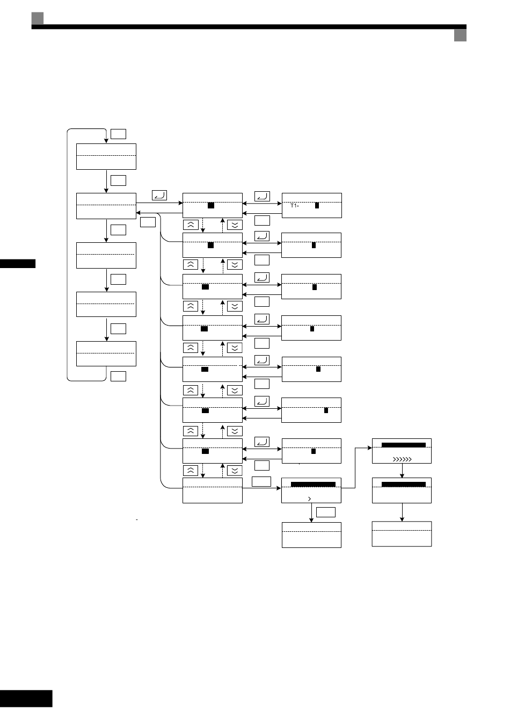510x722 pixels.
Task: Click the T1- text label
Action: (x=295, y=205)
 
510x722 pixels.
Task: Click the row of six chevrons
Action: (x=402, y=459)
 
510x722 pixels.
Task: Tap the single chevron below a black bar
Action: (x=310, y=499)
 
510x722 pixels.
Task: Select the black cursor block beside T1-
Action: (x=317, y=205)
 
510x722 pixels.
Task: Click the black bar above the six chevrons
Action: (x=403, y=445)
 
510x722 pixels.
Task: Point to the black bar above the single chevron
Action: (x=313, y=485)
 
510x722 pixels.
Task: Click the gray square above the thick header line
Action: (x=38, y=18)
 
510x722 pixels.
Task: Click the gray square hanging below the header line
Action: (x=460, y=35)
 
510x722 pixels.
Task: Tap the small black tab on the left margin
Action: (x=18, y=264)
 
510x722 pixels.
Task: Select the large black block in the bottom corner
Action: (x=26, y=698)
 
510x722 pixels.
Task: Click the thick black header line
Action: (x=249, y=27)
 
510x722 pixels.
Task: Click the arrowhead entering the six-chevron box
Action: (x=370, y=447)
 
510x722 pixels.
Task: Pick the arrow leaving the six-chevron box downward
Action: (x=402, y=471)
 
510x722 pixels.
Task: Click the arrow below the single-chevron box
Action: (x=311, y=512)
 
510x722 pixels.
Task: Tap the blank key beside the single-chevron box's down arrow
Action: (x=326, y=512)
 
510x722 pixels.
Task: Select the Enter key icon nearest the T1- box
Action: (x=263, y=196)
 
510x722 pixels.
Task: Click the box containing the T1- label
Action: (x=312, y=205)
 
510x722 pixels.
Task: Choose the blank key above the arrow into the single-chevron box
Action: (x=261, y=481)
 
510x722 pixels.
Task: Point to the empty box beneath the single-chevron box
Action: (x=311, y=535)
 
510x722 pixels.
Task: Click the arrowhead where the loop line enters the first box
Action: (x=106, y=141)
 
